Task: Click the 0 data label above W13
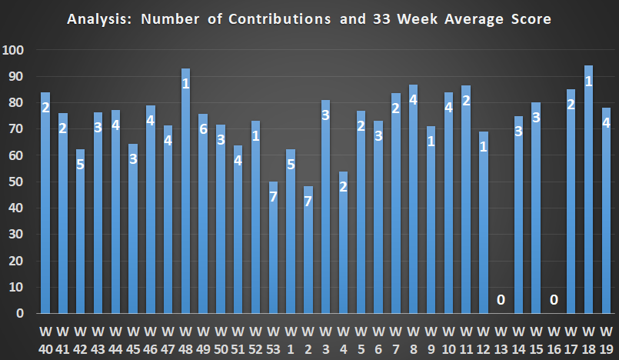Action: point(501,299)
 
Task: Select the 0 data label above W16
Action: point(554,299)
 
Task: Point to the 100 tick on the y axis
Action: point(15,51)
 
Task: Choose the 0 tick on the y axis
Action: point(22,314)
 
